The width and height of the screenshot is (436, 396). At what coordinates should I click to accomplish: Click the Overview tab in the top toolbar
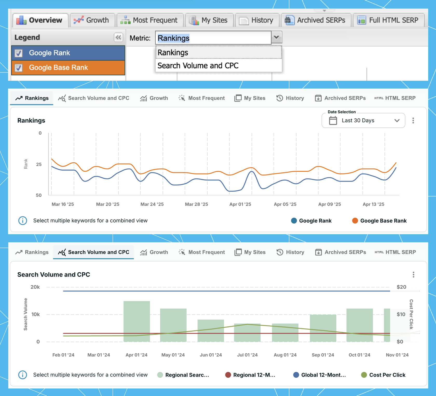coord(40,20)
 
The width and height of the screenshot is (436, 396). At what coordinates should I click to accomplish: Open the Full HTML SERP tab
coord(389,20)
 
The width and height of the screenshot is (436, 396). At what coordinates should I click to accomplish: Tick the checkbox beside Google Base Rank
coord(18,68)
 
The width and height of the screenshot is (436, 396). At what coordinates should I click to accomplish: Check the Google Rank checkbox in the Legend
coord(18,53)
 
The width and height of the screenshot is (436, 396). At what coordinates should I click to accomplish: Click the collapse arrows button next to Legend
coord(118,37)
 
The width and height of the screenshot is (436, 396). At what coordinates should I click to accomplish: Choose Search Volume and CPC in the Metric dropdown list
coord(198,66)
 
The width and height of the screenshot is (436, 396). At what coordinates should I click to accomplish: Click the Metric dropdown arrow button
coord(276,38)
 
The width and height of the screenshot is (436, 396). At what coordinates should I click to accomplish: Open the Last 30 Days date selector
coord(363,120)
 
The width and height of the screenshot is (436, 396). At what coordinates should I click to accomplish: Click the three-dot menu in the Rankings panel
coord(413,120)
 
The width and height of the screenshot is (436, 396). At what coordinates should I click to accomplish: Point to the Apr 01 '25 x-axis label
coord(240,204)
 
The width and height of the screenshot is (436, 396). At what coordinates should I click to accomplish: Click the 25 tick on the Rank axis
coord(39,164)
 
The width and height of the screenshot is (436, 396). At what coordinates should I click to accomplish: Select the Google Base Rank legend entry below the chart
coord(379,221)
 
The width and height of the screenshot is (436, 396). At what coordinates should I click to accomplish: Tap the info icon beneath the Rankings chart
coord(23,221)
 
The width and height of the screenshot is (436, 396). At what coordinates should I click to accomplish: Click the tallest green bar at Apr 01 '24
coord(137,321)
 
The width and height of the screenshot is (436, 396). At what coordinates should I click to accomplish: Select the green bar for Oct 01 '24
coord(360,325)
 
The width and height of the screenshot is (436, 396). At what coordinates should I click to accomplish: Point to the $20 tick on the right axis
coord(401,287)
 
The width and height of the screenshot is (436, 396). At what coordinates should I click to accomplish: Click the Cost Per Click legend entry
coord(383,375)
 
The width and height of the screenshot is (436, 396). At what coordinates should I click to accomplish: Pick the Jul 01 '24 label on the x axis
coord(247,355)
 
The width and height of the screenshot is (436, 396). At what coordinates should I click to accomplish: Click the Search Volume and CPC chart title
coord(54,274)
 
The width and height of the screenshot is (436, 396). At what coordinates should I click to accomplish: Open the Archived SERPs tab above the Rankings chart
coord(340,98)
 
